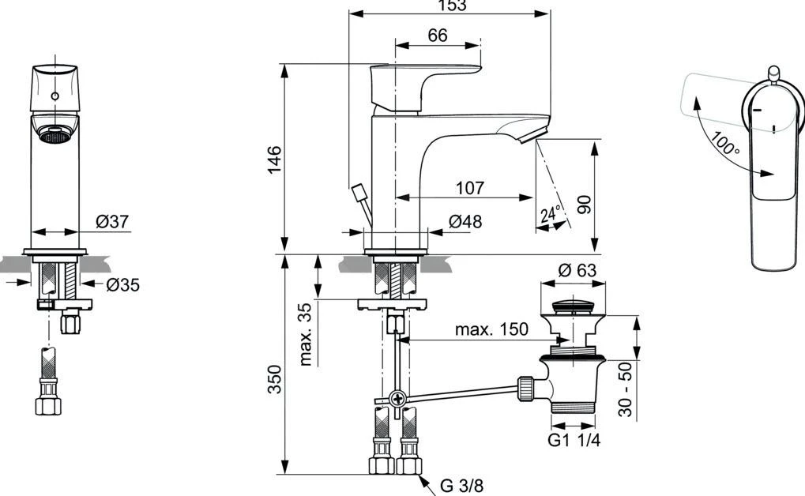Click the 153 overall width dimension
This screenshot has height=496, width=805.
tap(450, 5)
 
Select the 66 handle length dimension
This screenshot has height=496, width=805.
tap(437, 35)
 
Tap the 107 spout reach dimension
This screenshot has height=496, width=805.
tap(469, 189)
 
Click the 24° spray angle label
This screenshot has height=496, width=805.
tap(551, 214)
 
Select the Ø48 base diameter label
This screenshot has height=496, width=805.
tap(465, 222)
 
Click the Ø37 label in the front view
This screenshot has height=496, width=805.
tap(112, 223)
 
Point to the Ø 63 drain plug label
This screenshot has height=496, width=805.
tap(577, 271)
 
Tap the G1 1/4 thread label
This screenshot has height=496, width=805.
tap(574, 440)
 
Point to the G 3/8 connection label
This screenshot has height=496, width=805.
tap(461, 485)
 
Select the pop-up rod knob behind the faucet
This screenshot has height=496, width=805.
tap(359, 192)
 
